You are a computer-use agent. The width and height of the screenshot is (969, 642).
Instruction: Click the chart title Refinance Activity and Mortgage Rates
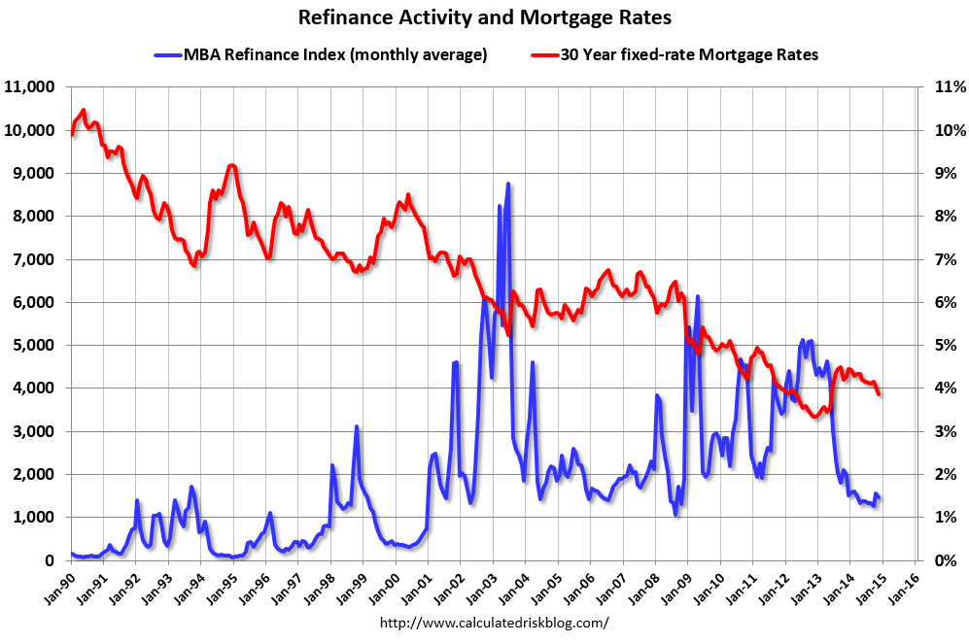point(484,17)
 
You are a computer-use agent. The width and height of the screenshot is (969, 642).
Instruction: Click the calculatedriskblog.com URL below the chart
point(494,623)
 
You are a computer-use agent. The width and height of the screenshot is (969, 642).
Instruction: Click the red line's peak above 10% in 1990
point(84,110)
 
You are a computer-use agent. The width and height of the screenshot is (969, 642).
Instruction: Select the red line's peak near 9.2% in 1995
point(230,165)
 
